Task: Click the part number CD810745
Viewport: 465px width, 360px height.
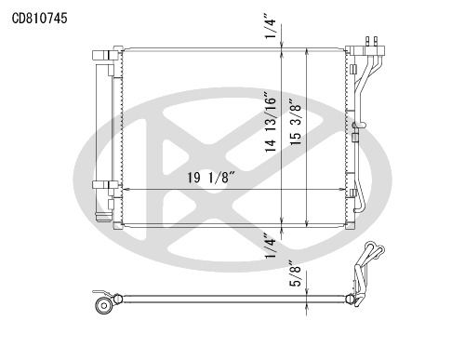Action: coord(39,19)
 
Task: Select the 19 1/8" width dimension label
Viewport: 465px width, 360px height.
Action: coord(212,178)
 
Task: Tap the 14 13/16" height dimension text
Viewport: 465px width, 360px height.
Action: coord(271,122)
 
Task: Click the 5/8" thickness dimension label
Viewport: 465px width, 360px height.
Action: coord(295,273)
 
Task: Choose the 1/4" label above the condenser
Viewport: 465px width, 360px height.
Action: coord(270,26)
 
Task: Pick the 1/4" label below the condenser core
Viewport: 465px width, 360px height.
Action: coord(270,246)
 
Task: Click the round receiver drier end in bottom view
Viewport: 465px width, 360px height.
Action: coord(103,305)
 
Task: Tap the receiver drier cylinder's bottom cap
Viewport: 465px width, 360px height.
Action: coord(103,217)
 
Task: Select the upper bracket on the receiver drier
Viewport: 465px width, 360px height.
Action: coord(105,55)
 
